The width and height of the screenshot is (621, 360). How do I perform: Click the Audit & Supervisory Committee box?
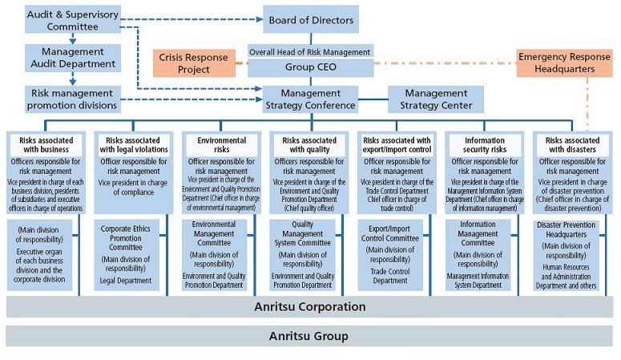(73, 20)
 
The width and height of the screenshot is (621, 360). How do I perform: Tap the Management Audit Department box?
(73, 57)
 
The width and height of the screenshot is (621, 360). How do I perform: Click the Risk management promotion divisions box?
(73, 99)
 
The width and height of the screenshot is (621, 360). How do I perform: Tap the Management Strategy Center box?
(436, 99)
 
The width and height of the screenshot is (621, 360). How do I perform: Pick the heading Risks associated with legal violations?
(133, 144)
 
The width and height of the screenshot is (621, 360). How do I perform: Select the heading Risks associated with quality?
(308, 144)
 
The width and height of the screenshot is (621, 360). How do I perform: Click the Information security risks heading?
(484, 144)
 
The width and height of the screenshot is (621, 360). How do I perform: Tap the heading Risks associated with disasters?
(572, 144)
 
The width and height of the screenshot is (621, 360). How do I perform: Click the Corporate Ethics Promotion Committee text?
(133, 238)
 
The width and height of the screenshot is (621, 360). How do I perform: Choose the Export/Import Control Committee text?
(397, 233)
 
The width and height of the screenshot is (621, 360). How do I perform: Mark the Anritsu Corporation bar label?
(309, 307)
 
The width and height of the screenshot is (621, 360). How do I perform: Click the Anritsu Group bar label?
(309, 336)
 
